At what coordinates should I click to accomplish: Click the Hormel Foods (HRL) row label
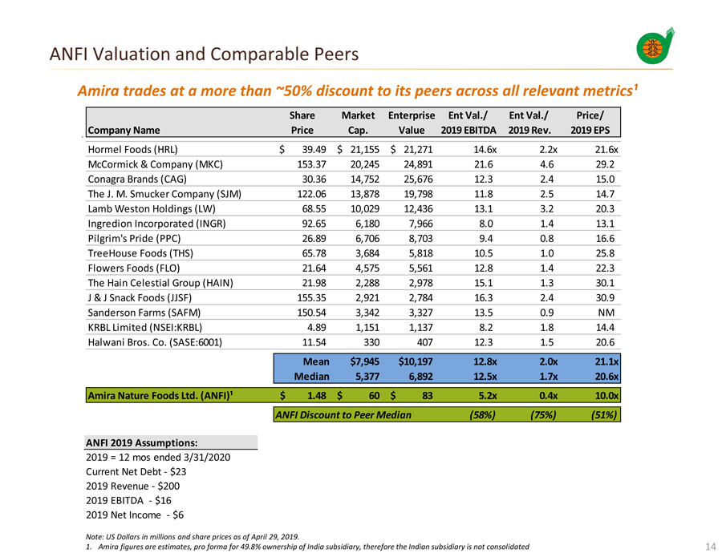pyautogui.click(x=132, y=149)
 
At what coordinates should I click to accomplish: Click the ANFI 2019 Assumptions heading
pyautogui.click(x=141, y=442)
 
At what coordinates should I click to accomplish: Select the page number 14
pyautogui.click(x=709, y=547)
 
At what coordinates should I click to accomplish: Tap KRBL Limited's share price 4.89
pyautogui.click(x=306, y=327)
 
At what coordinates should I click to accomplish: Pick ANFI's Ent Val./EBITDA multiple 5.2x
pyautogui.click(x=480, y=395)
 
